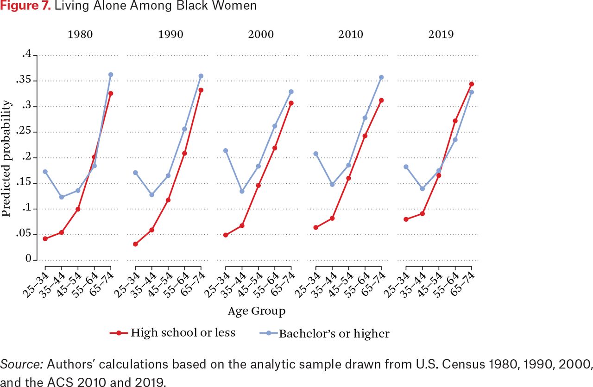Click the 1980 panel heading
click(x=80, y=35)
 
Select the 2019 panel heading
click(x=441, y=35)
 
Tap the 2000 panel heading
click(x=261, y=35)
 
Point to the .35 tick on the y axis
click(x=24, y=80)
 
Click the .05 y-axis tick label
click(x=24, y=234)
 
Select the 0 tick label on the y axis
click(x=28, y=258)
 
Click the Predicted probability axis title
click(x=6, y=158)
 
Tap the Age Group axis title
click(x=257, y=311)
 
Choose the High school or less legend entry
click(x=173, y=333)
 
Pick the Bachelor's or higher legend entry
click(x=325, y=333)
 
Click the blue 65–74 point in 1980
click(x=111, y=75)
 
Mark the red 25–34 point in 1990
click(x=135, y=244)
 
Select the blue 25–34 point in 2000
click(x=226, y=151)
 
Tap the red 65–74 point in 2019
click(x=472, y=84)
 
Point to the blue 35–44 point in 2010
click(x=332, y=184)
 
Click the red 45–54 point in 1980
click(x=78, y=209)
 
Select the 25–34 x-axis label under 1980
click(x=36, y=285)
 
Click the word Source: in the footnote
click(x=22, y=364)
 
